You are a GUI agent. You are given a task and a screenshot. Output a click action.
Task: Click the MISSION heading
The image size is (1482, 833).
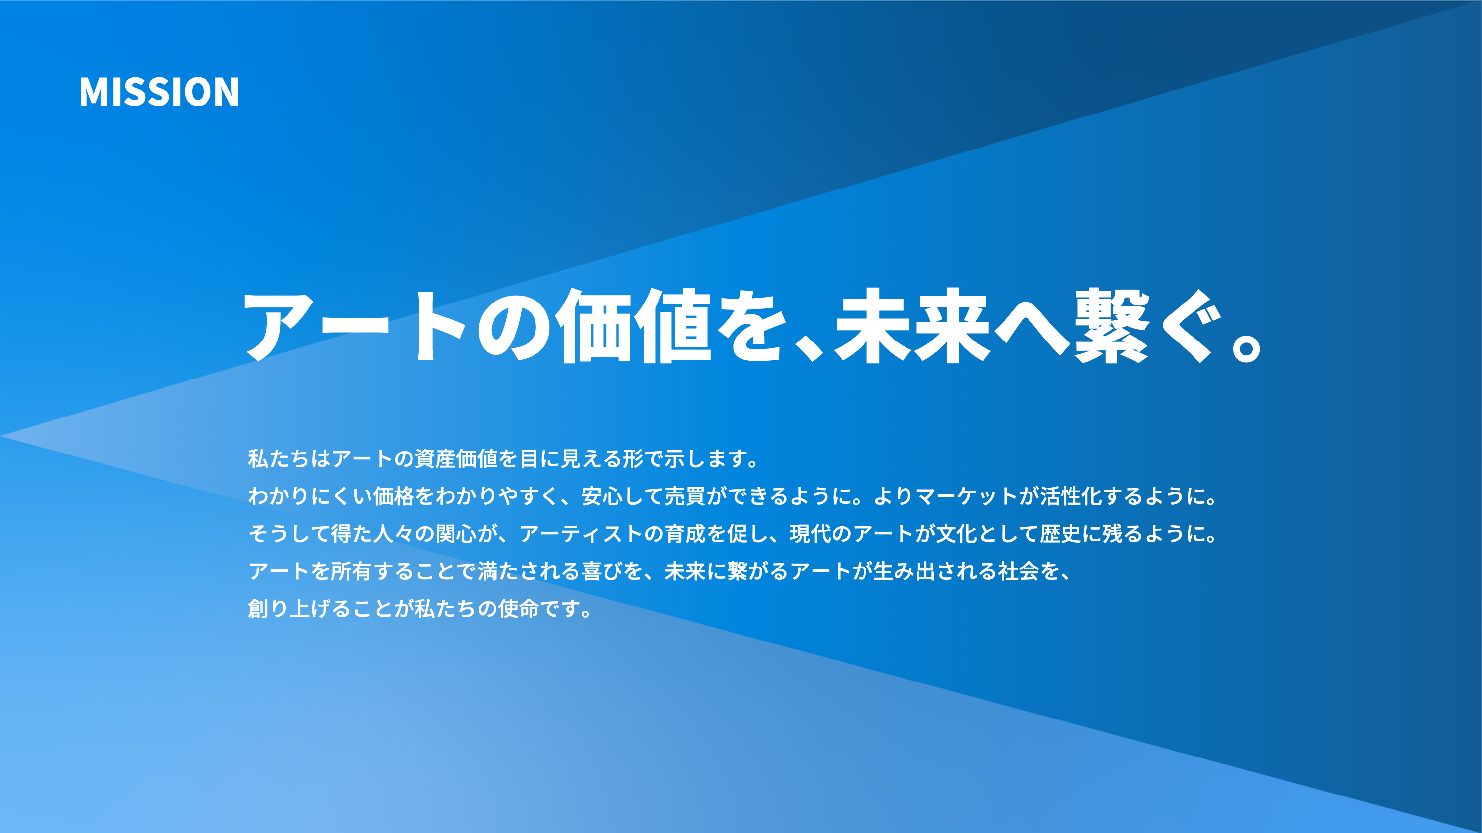[159, 92]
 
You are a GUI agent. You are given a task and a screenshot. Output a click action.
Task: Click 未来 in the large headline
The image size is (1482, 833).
[913, 326]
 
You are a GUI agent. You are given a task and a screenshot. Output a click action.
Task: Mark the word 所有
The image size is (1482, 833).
[352, 571]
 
